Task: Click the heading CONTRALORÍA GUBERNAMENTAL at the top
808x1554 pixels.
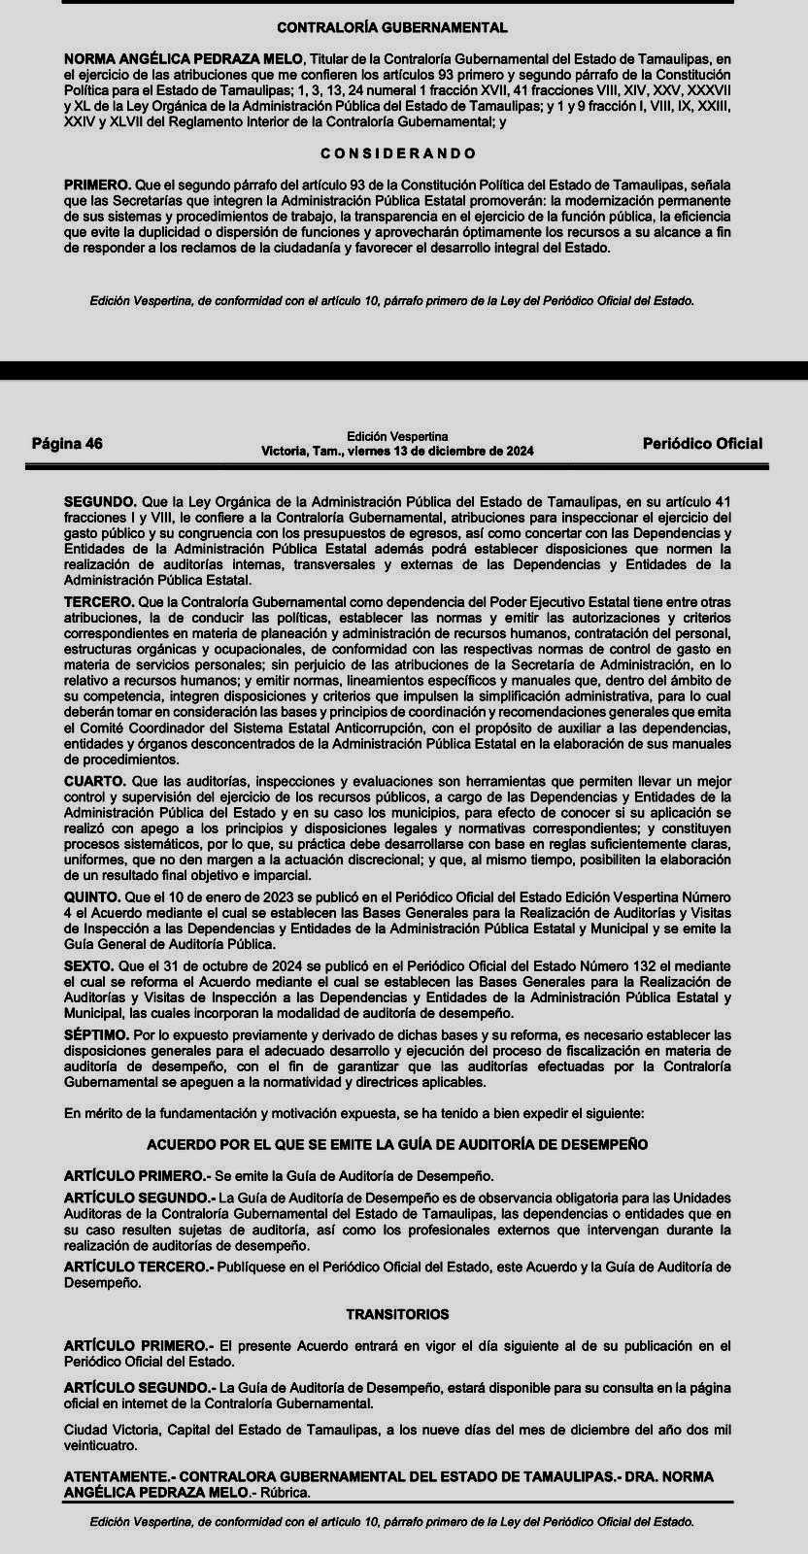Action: [x=392, y=28]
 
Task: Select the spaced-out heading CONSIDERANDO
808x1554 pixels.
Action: [x=398, y=153]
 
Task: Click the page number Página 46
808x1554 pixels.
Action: [x=67, y=444]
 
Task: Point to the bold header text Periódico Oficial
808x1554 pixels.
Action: [x=702, y=444]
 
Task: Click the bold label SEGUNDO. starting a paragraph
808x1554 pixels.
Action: [x=101, y=502]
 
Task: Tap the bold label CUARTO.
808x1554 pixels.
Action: [x=94, y=781]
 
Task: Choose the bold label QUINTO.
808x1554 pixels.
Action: [x=93, y=896]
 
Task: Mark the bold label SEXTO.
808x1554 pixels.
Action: [x=88, y=966]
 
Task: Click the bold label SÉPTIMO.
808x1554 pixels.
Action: [x=95, y=1036]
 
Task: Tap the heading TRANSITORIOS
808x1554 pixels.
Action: [x=397, y=1314]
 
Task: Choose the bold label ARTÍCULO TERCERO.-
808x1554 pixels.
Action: [x=138, y=1267]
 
